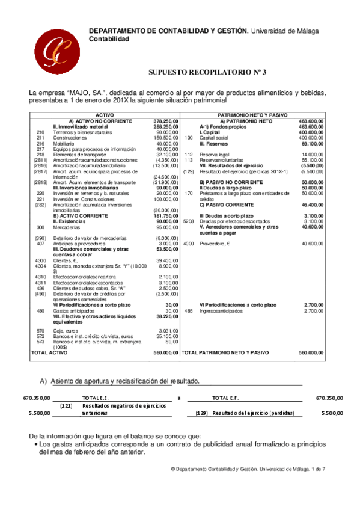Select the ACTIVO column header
click(x=105, y=114)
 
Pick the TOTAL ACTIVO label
click(x=50, y=352)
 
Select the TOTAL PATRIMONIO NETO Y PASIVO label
click(x=225, y=352)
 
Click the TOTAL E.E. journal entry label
click(x=95, y=398)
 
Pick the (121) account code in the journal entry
click(x=67, y=406)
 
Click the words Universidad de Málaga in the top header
click(x=285, y=31)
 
